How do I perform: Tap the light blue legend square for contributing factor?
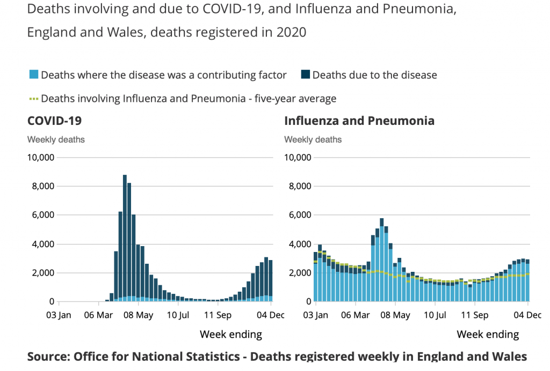[33, 75]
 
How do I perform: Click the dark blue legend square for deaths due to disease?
[305, 75]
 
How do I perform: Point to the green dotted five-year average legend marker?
[33, 99]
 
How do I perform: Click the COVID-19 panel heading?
[54, 121]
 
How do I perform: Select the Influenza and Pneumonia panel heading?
[359, 121]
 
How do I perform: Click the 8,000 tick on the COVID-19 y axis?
[40, 187]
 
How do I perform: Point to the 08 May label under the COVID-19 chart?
[138, 315]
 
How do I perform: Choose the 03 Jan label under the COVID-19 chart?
[59, 315]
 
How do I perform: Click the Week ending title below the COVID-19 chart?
[231, 335]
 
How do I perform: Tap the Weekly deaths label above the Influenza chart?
[313, 139]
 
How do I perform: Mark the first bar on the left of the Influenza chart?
[316, 277]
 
